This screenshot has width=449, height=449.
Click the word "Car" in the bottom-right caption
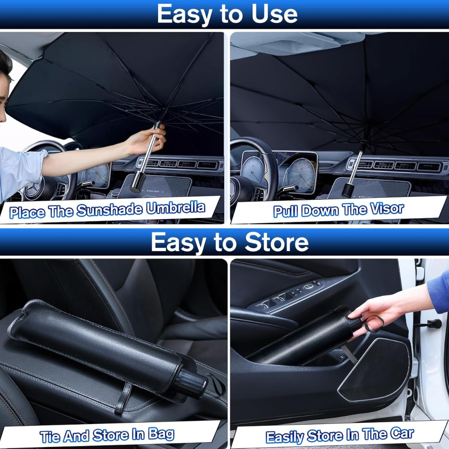(402, 434)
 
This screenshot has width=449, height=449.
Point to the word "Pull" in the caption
(286, 211)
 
